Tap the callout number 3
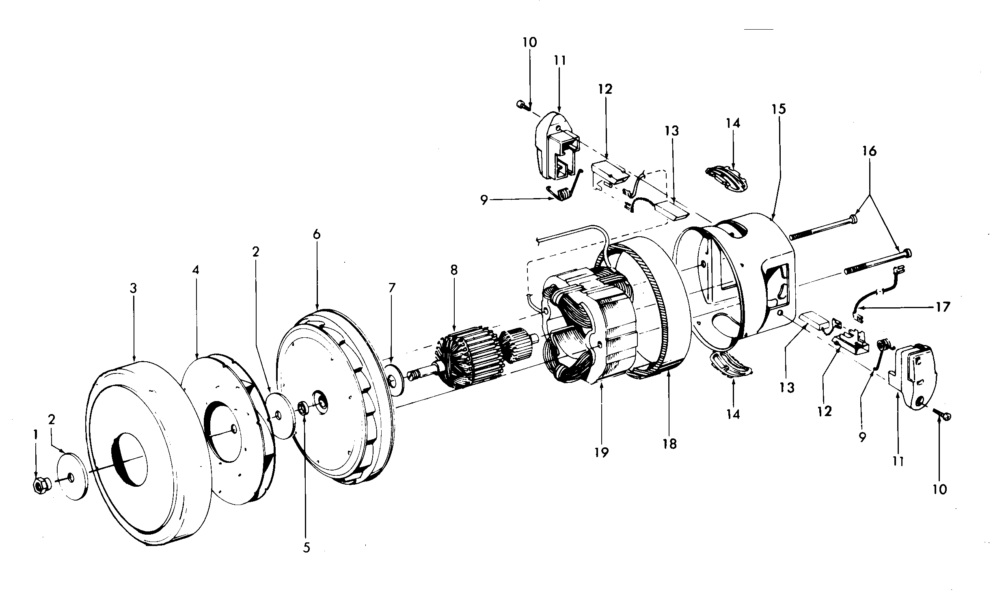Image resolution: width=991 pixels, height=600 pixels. [133, 288]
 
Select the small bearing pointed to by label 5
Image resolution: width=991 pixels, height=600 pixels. [303, 407]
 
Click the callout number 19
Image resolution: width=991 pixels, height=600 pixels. [602, 452]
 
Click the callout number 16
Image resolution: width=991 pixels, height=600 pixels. [869, 151]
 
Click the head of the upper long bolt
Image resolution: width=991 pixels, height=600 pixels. [852, 220]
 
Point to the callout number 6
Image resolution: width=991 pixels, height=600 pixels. [317, 234]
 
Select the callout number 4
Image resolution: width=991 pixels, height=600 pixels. [196, 270]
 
